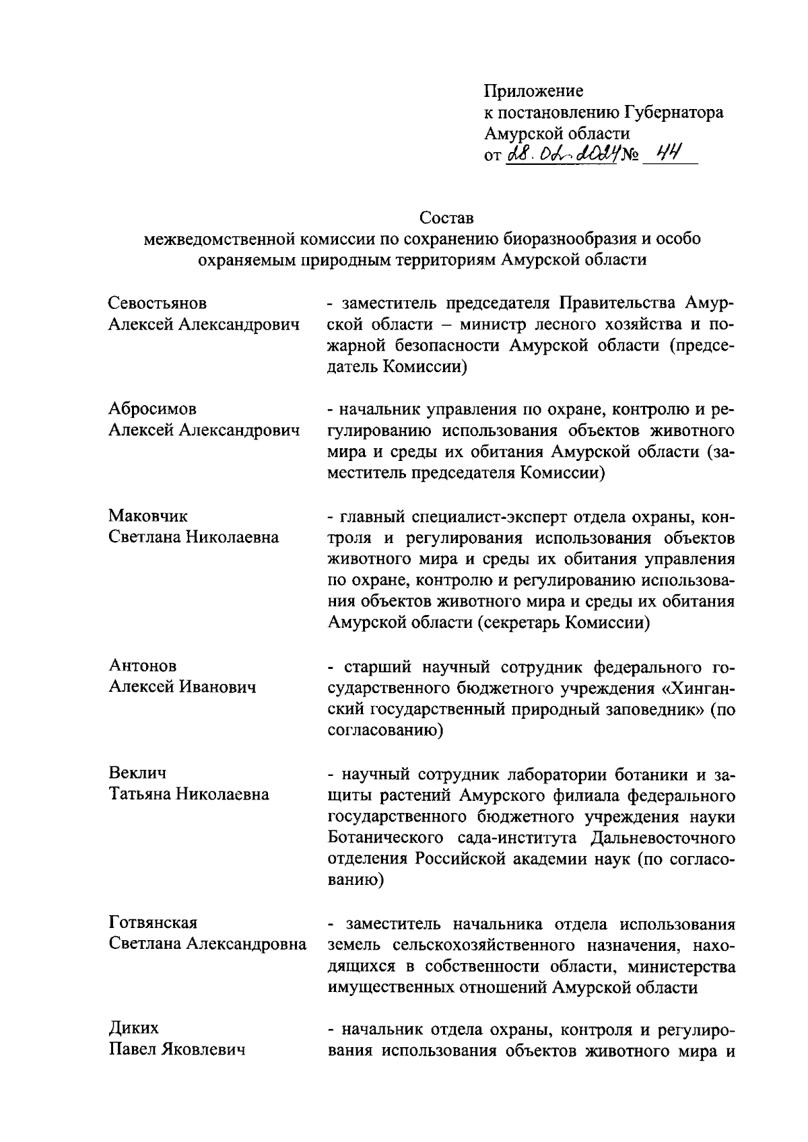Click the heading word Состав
coord(446,217)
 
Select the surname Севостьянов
coord(158,303)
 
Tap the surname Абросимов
coord(153,408)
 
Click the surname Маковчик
coord(148,515)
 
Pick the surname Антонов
coord(143,665)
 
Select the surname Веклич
coord(137,772)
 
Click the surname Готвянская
coord(153,921)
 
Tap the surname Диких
coord(134,1028)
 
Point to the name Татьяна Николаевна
coord(189,794)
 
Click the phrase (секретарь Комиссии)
coord(564,623)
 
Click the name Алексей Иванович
coord(182,687)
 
